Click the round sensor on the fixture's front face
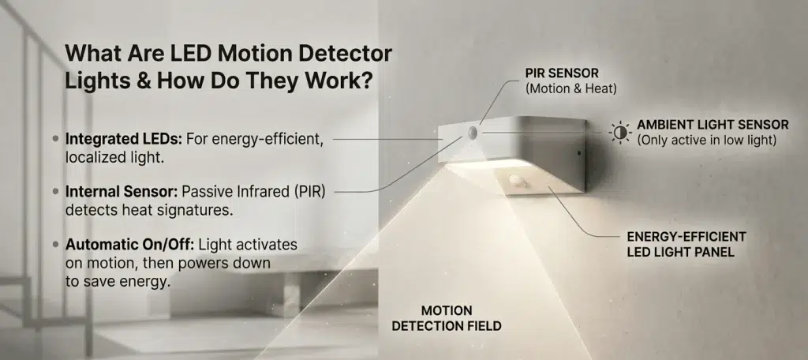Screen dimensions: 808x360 click(x=473, y=133)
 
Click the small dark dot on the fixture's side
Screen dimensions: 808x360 click(x=578, y=152)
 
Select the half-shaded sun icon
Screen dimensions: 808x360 click(x=620, y=133)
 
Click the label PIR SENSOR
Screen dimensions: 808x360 click(x=562, y=73)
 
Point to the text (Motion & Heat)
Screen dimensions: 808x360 click(x=571, y=88)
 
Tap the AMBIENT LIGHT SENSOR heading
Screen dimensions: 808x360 click(x=713, y=125)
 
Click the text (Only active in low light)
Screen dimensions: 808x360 click(x=707, y=140)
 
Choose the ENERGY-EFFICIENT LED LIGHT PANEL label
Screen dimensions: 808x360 click(x=686, y=245)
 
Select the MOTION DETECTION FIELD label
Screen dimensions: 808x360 click(x=447, y=318)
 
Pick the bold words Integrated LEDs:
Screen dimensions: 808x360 click(x=124, y=140)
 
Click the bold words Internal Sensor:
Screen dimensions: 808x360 click(x=122, y=193)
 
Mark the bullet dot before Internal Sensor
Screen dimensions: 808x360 click(x=56, y=191)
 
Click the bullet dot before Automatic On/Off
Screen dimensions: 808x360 click(x=56, y=244)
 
